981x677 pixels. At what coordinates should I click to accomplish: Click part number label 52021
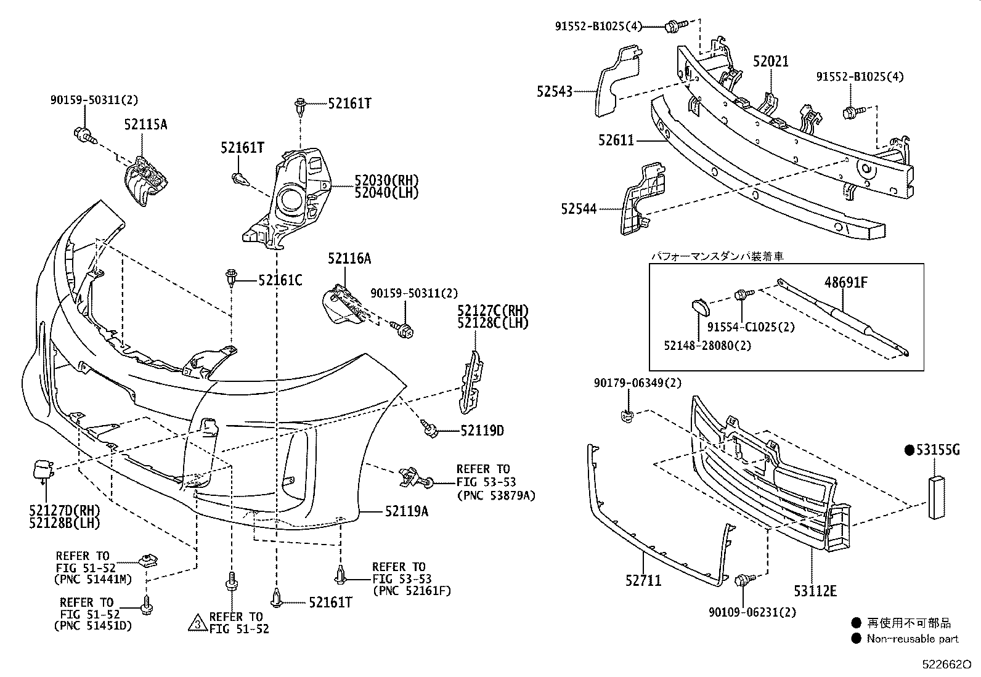[770, 62]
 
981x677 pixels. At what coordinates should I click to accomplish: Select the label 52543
[554, 91]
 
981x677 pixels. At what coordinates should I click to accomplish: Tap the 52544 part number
[578, 209]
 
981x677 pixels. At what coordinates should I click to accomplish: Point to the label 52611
[615, 140]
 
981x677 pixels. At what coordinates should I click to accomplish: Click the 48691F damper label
[846, 283]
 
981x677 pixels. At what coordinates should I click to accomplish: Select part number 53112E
[815, 591]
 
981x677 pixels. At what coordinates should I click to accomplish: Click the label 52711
[643, 580]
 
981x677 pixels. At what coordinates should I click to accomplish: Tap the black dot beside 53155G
[909, 450]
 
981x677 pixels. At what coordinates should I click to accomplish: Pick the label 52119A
[406, 511]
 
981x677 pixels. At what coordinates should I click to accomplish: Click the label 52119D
[481, 431]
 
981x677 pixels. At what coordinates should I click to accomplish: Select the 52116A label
[349, 259]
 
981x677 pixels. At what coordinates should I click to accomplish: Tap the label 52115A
[145, 124]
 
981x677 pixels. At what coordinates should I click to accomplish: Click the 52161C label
[280, 281]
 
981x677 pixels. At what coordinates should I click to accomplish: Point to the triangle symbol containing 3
[198, 623]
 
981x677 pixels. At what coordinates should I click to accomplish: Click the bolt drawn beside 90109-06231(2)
[744, 580]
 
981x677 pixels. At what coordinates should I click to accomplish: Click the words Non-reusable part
[913, 639]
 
